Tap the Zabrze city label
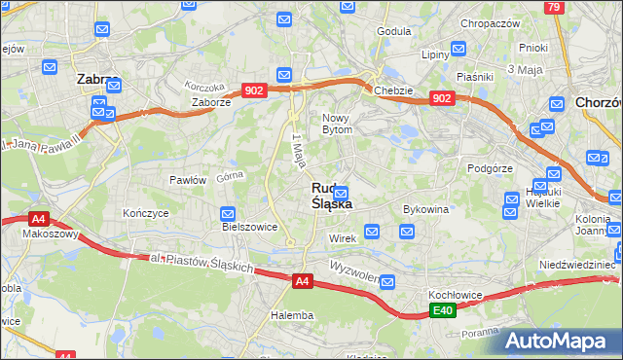tap(96, 81)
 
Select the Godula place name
tap(393, 31)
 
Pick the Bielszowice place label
tap(250, 227)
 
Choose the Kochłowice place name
tap(457, 293)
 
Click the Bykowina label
tap(425, 209)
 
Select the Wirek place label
tap(343, 237)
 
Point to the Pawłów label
tap(188, 180)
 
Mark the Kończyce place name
tap(146, 212)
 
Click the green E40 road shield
tap(443, 310)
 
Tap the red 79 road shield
tap(554, 7)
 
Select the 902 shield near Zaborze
tap(254, 90)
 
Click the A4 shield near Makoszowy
tap(39, 219)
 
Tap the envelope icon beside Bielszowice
tap(228, 213)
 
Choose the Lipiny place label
tap(434, 55)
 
